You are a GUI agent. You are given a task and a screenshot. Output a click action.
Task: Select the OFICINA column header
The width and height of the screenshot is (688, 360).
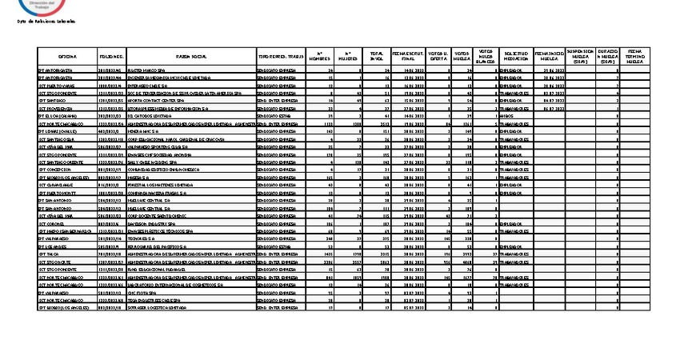[67, 58]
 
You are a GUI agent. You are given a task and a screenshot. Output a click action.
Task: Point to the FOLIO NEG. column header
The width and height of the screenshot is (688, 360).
[111, 58]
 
